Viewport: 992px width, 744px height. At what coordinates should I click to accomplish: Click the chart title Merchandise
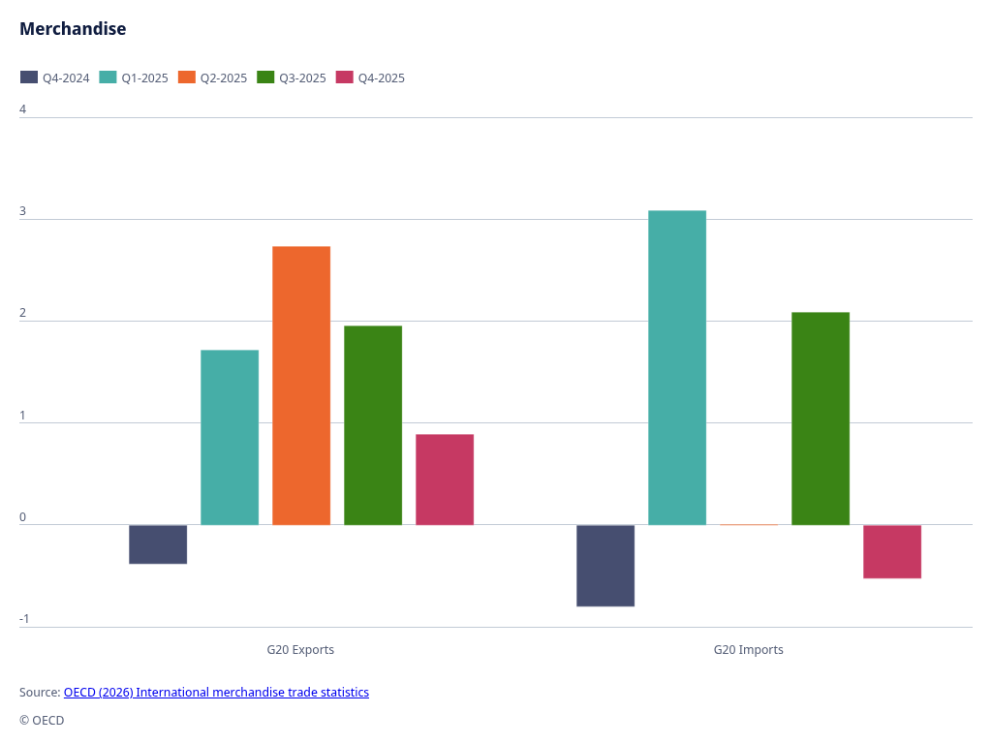[73, 29]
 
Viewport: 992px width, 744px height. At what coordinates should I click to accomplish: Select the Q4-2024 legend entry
[55, 77]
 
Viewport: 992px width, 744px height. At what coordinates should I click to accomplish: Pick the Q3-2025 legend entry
[292, 77]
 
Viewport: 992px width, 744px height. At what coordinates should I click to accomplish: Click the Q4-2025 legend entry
[371, 77]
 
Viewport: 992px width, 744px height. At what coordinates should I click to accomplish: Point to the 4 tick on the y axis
[23, 109]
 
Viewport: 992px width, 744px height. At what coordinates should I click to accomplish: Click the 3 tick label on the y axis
[23, 211]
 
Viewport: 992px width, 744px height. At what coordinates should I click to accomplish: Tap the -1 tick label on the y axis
[24, 619]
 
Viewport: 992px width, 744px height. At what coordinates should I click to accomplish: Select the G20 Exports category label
[300, 650]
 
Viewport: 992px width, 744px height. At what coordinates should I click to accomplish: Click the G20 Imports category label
[748, 650]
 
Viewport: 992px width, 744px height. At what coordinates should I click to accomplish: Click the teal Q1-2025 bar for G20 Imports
[677, 368]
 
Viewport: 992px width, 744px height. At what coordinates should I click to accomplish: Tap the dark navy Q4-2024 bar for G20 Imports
[605, 566]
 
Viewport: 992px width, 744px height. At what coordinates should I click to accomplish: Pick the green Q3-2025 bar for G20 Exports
[373, 425]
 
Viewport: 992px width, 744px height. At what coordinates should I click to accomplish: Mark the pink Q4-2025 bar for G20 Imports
[892, 551]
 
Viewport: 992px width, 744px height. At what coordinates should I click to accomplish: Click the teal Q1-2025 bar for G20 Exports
[230, 437]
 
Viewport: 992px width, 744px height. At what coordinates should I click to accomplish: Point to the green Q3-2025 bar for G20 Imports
[821, 418]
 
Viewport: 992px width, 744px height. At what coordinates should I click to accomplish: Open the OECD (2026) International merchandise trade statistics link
[216, 693]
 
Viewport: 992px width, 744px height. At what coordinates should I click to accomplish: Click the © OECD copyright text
[42, 721]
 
